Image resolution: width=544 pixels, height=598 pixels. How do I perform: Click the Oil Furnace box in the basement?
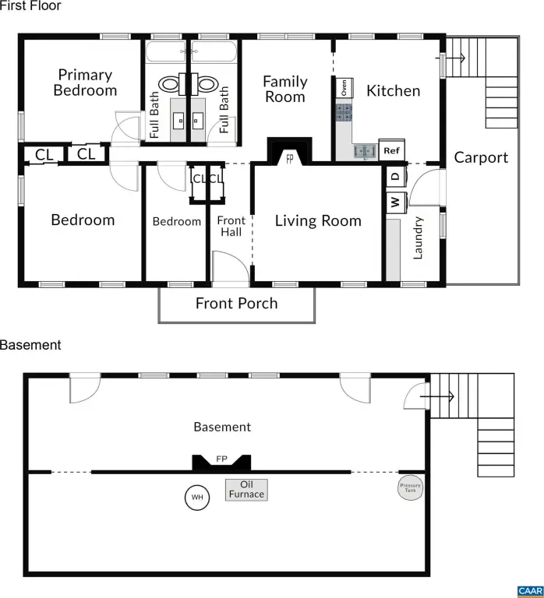(x=246, y=490)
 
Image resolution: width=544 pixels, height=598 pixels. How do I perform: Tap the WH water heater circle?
(x=197, y=497)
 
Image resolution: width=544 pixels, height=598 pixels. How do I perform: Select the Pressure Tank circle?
(x=411, y=487)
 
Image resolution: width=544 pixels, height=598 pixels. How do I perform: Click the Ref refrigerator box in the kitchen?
(x=392, y=150)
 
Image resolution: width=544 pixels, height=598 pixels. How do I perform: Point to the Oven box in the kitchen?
(x=344, y=88)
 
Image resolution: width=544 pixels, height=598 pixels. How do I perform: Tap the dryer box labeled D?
(x=395, y=176)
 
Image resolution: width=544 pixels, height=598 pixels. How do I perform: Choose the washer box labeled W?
(x=395, y=202)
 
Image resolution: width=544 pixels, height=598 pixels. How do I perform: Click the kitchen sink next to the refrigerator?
(x=366, y=151)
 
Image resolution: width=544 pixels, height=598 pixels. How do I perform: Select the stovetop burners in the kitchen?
(x=344, y=113)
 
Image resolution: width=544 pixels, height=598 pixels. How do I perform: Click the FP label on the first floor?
(x=290, y=159)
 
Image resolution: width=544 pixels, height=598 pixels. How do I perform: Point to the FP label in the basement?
(x=222, y=459)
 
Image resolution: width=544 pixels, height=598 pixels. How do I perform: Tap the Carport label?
(x=481, y=157)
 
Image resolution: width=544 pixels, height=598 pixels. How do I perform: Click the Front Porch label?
(x=237, y=303)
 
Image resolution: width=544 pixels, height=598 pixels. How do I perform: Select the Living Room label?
(x=318, y=220)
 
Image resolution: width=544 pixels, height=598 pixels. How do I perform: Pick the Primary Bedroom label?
(x=85, y=83)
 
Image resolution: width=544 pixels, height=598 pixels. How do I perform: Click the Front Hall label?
(x=231, y=226)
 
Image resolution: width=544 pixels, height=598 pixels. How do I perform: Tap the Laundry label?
(x=418, y=238)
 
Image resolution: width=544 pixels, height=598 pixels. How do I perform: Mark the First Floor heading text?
(x=30, y=5)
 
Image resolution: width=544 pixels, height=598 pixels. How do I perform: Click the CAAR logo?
(x=531, y=591)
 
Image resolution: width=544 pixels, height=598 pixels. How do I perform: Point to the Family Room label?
(x=285, y=90)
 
